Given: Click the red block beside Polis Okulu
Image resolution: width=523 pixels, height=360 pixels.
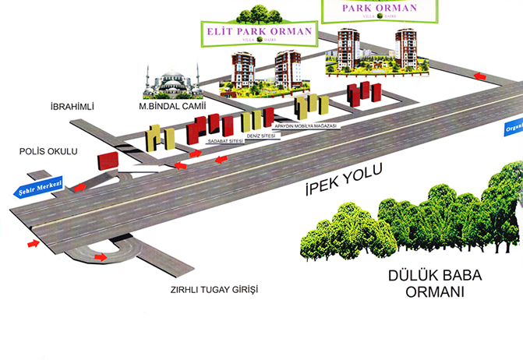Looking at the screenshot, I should coord(107,161).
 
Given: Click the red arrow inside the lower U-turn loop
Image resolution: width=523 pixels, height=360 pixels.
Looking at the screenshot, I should coord(101,256).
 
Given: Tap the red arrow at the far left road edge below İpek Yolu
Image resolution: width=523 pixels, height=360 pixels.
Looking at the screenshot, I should coord(34,244).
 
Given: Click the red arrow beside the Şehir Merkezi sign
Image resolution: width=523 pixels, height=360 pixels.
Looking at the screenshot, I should coord(80,186).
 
